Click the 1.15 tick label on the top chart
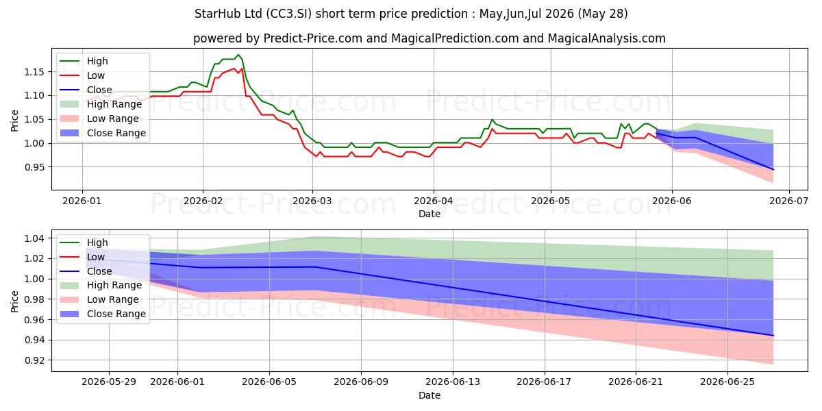[34, 72]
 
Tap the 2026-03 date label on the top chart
[312, 201]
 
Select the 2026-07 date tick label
[788, 201]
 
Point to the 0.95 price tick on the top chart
[34, 167]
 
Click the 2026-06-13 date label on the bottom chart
[453, 382]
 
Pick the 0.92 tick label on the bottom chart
[34, 361]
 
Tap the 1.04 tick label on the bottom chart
[34, 238]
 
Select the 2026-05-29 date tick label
[109, 382]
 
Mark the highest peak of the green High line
[238, 55]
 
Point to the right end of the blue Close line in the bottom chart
[773, 336]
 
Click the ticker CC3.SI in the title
[289, 14]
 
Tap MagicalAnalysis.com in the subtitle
[607, 38]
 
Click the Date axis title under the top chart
[429, 214]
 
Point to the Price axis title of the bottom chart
[14, 301]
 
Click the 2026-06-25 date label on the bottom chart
[727, 382]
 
